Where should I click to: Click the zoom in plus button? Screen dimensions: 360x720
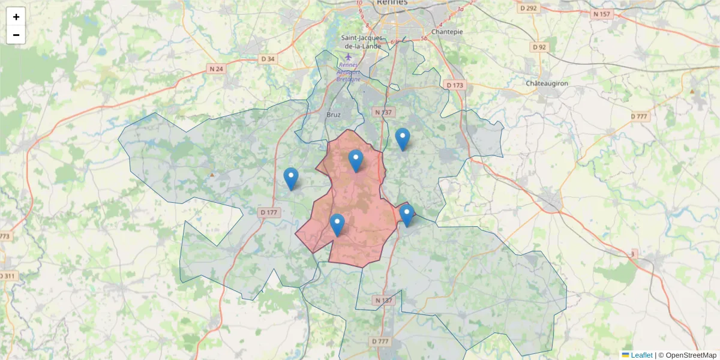[x=16, y=17]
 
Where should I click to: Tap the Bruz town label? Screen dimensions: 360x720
[x=334, y=114]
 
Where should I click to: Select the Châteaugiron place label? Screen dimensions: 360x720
[x=547, y=83]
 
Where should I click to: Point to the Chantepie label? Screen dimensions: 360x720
[x=447, y=32]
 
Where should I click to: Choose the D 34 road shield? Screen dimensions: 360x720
[x=268, y=59]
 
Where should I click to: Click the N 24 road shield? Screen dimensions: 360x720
[x=216, y=69]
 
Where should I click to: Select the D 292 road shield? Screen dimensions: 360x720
[x=527, y=8]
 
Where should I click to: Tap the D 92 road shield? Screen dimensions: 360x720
[x=539, y=47]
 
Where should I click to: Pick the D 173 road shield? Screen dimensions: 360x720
[x=455, y=85]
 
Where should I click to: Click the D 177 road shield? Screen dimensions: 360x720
[x=270, y=212]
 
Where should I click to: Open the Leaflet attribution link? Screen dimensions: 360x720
[x=641, y=355]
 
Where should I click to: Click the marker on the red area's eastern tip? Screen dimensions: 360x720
[x=407, y=215]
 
